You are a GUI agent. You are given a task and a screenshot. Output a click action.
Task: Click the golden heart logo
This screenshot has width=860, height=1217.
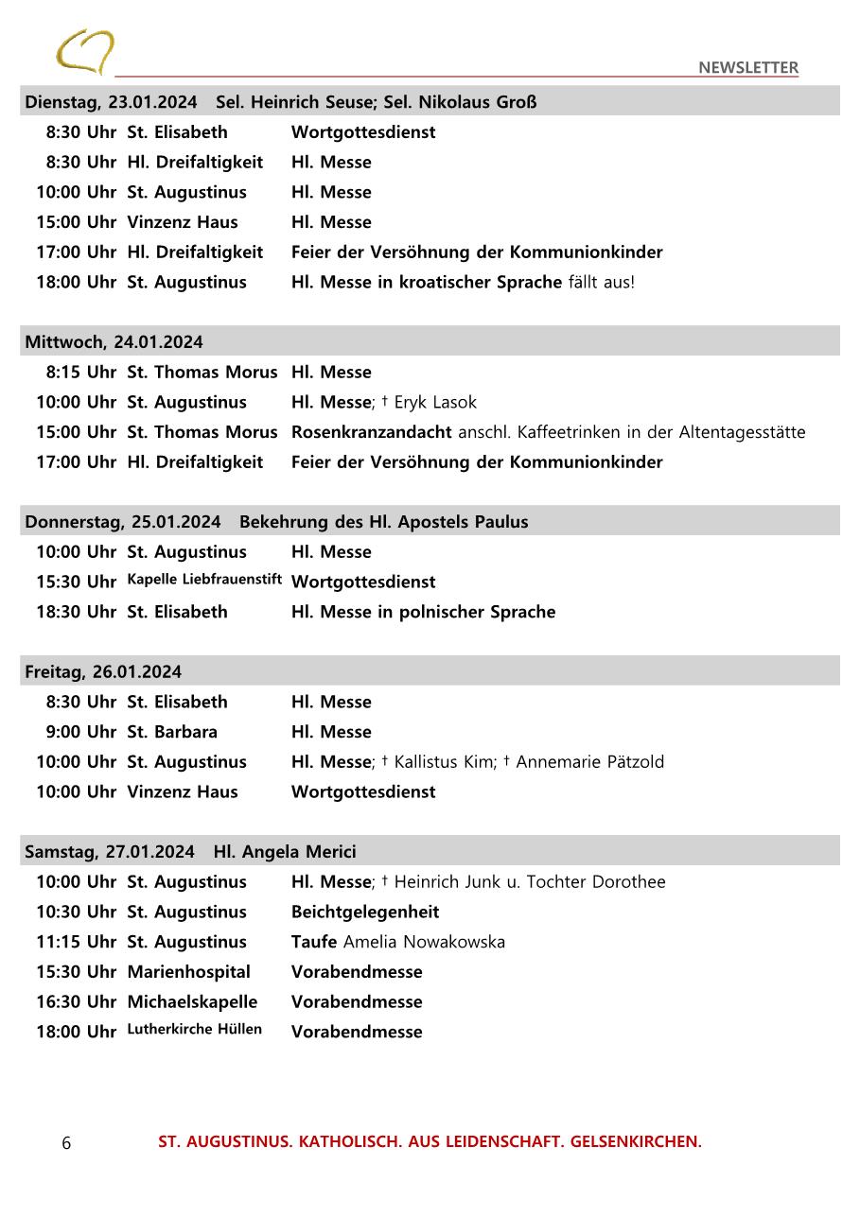pos(84,51)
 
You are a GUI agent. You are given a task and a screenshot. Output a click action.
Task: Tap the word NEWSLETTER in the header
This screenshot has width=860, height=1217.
pos(747,67)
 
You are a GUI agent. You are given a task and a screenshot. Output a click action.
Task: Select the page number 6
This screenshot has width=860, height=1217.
pos(66,1143)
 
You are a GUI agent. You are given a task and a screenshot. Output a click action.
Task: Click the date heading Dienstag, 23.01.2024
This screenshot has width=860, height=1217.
pos(111,102)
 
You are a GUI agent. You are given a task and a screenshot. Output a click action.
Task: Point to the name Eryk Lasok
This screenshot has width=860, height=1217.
pos(435,402)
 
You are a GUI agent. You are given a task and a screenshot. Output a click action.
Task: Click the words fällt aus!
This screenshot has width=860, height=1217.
pos(601,282)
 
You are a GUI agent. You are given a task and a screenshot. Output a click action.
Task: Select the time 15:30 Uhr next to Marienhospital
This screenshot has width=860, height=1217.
pos(76,972)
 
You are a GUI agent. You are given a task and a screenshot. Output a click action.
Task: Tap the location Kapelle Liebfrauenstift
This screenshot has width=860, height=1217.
pos(204,579)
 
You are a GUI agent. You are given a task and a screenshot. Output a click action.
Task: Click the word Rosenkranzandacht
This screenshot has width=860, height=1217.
pos(371,432)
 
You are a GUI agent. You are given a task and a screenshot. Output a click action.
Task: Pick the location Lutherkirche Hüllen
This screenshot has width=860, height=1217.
pos(194,1029)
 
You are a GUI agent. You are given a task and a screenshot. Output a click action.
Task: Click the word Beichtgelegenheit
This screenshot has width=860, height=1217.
pos(365,912)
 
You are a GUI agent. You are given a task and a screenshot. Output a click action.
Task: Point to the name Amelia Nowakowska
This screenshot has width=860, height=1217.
pos(424,942)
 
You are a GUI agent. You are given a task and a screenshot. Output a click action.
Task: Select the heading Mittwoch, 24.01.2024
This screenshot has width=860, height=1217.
pos(114,341)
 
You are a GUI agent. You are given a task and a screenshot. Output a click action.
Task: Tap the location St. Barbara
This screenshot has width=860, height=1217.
pos(172,732)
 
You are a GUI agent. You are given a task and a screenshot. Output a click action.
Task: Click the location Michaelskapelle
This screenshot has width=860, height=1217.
pos(192,1001)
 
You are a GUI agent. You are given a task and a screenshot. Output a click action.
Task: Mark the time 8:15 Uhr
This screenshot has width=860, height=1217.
pos(80,373)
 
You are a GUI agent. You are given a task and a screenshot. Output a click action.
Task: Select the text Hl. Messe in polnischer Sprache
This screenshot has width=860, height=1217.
pos(423,612)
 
